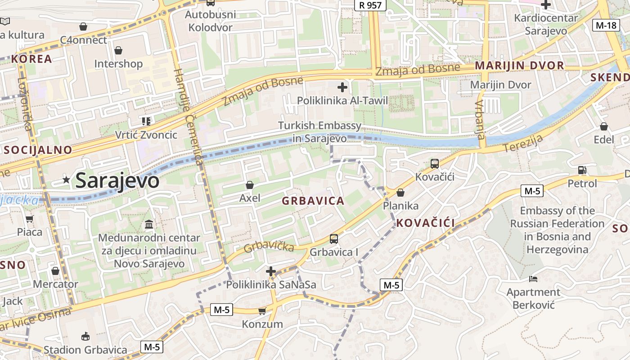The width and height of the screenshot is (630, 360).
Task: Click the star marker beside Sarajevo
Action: point(67,180)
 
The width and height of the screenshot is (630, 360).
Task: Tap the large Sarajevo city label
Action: point(117,181)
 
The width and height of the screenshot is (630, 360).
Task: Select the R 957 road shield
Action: point(370,5)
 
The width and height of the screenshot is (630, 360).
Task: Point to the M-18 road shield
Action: point(606,25)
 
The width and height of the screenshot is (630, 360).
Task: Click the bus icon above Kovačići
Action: point(434,164)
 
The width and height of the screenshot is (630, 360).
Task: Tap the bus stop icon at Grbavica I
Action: point(333,238)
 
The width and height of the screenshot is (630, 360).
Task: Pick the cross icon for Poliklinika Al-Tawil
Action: point(342,87)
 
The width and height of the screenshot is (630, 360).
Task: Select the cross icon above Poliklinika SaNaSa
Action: point(270,271)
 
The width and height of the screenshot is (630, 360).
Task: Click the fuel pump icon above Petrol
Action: point(582,170)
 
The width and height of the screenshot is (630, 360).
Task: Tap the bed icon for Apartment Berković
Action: point(533,279)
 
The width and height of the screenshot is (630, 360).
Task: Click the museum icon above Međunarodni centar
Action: point(149,224)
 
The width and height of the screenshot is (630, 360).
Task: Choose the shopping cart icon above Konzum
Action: point(262,311)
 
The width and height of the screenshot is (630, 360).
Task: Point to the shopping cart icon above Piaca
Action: point(30,219)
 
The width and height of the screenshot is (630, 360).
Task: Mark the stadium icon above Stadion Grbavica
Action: point(85,336)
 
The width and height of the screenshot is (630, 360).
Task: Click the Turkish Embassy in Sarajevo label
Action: point(319,132)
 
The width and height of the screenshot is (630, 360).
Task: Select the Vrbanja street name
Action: point(480,119)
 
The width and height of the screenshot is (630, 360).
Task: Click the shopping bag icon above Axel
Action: point(249,185)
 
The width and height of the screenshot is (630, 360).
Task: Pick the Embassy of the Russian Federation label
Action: point(557,230)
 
